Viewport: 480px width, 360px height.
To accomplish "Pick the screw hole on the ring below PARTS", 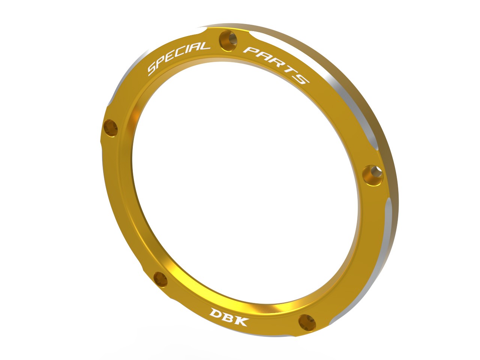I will pyautogui.click(x=373, y=174).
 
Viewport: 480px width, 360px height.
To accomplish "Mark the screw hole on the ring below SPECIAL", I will pyautogui.click(x=110, y=127).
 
